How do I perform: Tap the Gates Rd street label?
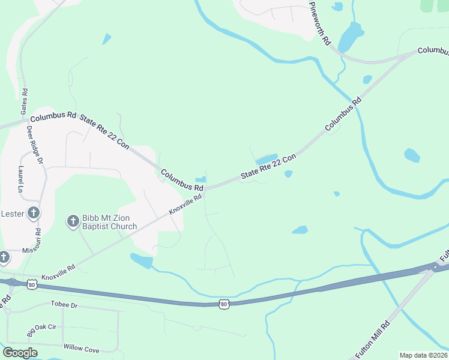click(24, 101)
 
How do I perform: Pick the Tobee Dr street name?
click(65, 305)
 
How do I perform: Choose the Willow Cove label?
click(80, 349)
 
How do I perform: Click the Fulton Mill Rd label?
click(372, 340)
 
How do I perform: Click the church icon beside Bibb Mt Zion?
click(73, 221)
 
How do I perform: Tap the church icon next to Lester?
click(34, 213)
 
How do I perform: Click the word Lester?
click(13, 213)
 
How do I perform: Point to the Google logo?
click(20, 353)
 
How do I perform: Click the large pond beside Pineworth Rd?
click(351, 36)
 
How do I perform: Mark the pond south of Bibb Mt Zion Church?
click(142, 260)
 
